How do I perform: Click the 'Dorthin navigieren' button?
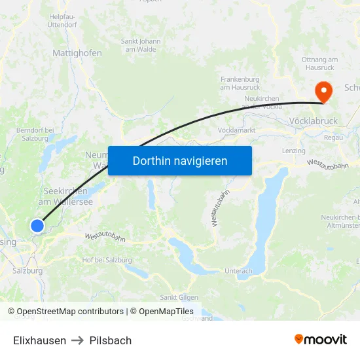[x=180, y=160]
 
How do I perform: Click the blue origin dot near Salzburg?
[x=37, y=226]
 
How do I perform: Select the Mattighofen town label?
[x=77, y=52]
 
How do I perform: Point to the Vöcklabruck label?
[x=313, y=121]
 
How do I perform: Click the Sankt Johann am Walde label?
[x=141, y=45]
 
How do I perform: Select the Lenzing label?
[x=293, y=151]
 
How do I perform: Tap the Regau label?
[x=333, y=137]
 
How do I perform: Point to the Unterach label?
[x=238, y=271]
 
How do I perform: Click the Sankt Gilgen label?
[x=175, y=298]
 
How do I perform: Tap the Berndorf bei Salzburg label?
[x=33, y=134]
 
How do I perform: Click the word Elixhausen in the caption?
[x=39, y=340]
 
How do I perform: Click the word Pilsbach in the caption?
[x=111, y=340]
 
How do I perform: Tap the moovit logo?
[x=321, y=339]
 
